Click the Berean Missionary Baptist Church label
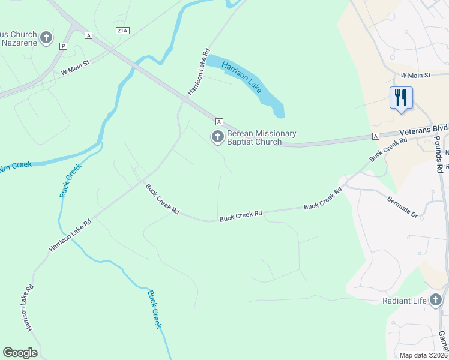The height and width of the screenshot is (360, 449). (261, 137)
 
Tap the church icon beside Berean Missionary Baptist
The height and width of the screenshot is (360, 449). (217, 137)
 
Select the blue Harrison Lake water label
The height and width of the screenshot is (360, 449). (241, 76)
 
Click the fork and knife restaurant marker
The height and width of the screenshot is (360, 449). (400, 97)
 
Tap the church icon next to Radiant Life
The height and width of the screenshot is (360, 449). (436, 299)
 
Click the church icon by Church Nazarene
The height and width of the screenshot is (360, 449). (46, 39)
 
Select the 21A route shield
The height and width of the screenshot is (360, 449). (123, 30)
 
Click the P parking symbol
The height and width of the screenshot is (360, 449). (64, 46)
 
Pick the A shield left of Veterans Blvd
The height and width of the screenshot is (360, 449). (375, 136)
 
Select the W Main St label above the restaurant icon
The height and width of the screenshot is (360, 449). (416, 75)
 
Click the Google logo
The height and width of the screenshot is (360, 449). (20, 352)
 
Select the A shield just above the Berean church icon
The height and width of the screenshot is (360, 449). (219, 121)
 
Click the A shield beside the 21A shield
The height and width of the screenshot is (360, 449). (89, 35)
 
